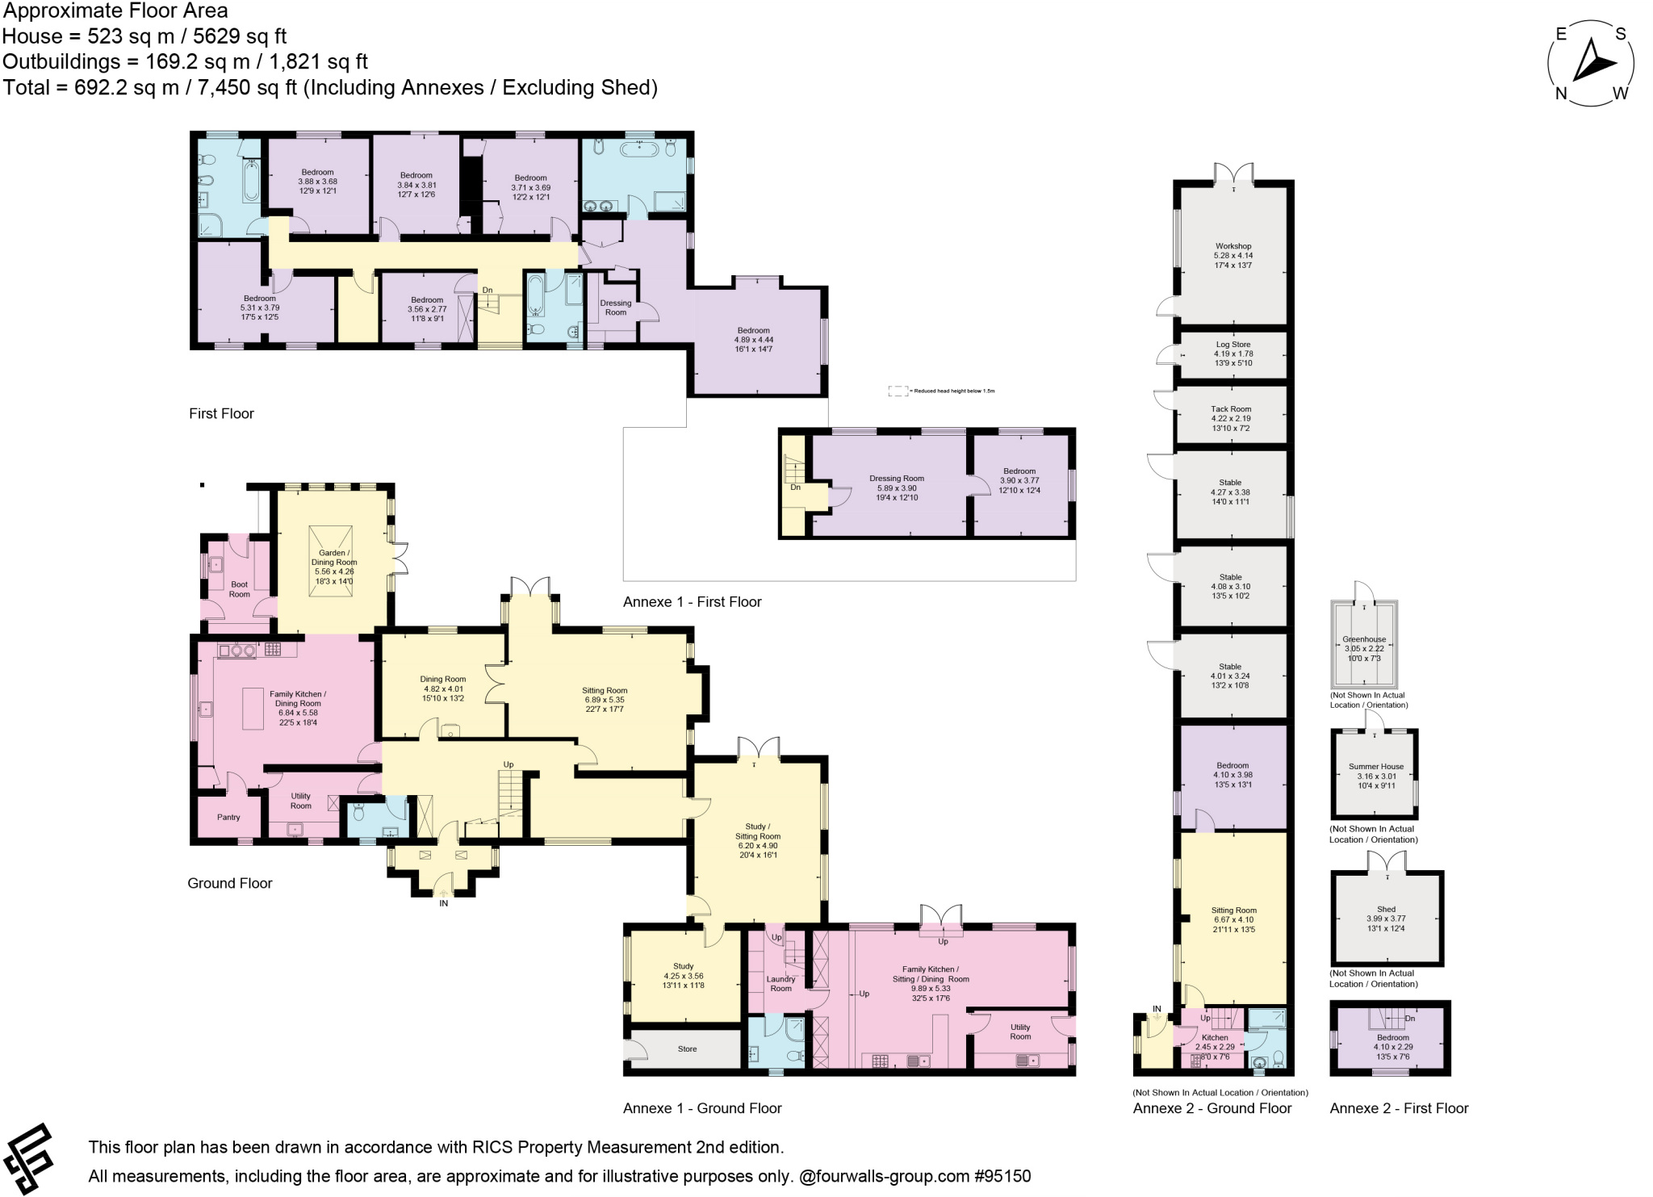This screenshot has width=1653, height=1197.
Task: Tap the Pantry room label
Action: pos(228,817)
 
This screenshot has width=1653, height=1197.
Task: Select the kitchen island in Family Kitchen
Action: pos(253,709)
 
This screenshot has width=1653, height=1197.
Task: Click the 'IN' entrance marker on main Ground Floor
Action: pos(443,903)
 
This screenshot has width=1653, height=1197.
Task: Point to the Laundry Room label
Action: pos(780,983)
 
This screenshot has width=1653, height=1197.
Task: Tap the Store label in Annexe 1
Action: pos(687,1048)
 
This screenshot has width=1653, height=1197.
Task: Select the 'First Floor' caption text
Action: pos(221,413)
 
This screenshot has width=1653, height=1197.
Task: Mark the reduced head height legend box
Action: pos(898,391)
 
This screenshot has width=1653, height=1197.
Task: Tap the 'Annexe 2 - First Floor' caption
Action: pos(1399,1108)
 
